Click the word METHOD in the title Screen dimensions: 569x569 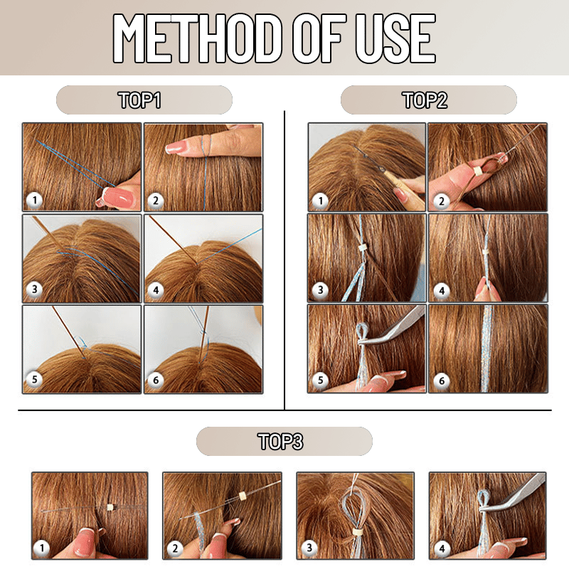click(x=198, y=38)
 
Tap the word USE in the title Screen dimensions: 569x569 click(x=395, y=38)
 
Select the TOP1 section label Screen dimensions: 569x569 click(x=139, y=100)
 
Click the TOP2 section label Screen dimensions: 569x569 click(x=425, y=100)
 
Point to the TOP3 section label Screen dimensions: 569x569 click(x=280, y=441)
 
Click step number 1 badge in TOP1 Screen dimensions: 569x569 click(x=35, y=200)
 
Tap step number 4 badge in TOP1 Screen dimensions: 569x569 click(x=156, y=290)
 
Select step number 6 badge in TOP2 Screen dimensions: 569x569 click(x=442, y=381)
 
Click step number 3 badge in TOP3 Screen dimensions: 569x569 click(x=309, y=547)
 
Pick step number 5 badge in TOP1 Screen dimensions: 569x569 click(x=35, y=380)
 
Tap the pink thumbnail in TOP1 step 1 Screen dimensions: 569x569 click(x=122, y=196)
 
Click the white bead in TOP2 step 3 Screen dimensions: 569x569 click(x=362, y=248)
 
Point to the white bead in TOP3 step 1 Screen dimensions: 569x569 click(x=110, y=507)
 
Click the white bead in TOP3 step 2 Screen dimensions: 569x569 click(x=243, y=496)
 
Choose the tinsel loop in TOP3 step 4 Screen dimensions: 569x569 click(x=483, y=500)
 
